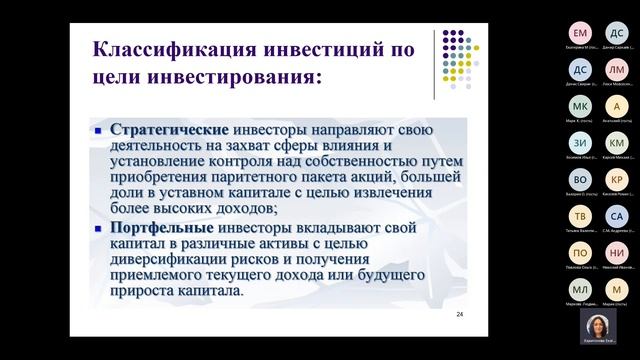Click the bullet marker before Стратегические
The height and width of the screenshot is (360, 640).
coord(98,131)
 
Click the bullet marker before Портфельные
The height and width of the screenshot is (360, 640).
coord(98,228)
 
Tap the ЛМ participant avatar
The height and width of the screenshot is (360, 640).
coord(617,70)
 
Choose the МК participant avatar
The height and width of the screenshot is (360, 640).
coord(580,107)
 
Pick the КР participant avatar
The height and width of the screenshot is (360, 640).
coord(617,180)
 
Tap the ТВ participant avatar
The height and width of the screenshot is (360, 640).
coord(580,217)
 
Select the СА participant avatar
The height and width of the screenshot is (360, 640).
coord(617,217)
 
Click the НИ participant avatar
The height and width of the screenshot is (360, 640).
coord(617,254)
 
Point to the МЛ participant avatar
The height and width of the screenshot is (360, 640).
coord(580,290)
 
